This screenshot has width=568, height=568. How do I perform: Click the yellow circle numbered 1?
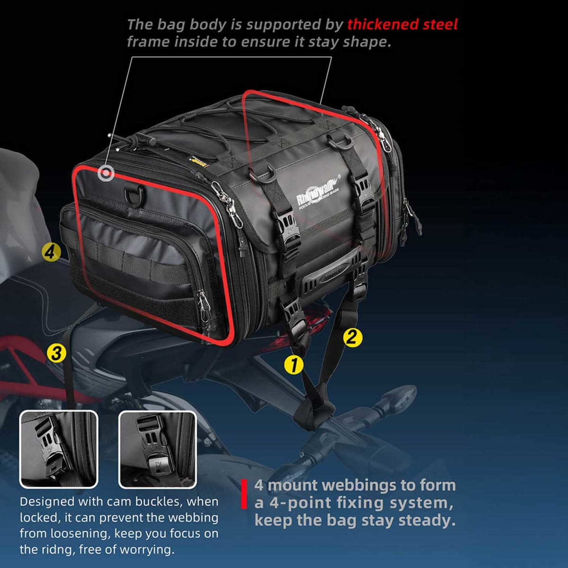[293, 365]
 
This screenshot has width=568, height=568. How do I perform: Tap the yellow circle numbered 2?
[352, 337]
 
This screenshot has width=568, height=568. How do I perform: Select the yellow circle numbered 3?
[56, 353]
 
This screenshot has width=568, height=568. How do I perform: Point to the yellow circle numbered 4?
[51, 251]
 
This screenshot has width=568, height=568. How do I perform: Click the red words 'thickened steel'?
[402, 24]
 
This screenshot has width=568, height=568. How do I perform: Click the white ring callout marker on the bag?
[106, 174]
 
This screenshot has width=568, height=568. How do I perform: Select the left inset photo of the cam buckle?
[59, 449]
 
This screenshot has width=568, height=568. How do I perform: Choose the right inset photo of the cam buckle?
[157, 449]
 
